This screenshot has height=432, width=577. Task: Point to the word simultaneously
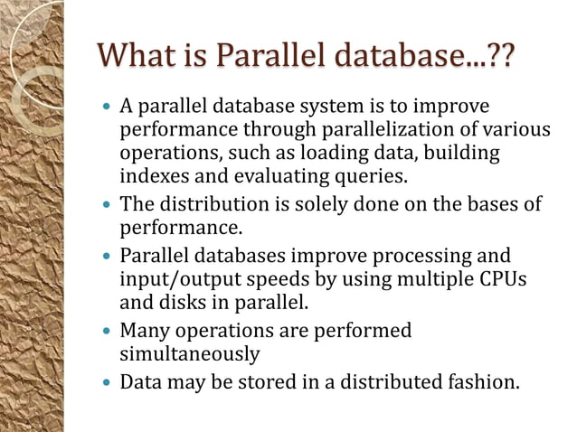click(190, 353)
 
